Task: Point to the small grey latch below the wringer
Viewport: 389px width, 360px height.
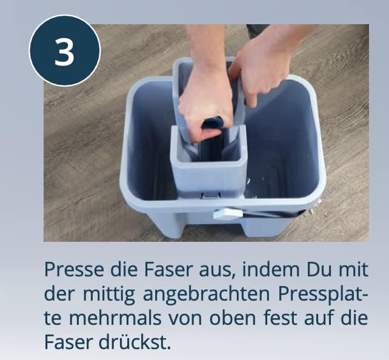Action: pyautogui.click(x=208, y=193)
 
